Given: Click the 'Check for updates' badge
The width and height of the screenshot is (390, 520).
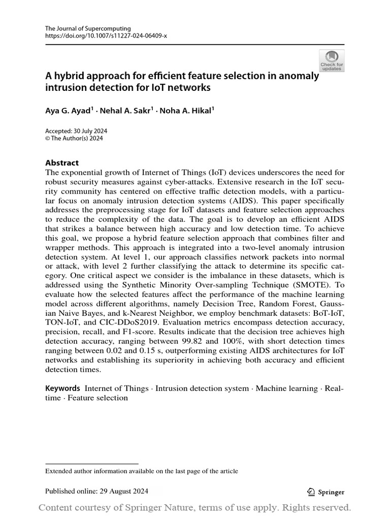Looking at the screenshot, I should coord(332,60).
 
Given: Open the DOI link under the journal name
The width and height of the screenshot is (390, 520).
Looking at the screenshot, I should coord(106,37).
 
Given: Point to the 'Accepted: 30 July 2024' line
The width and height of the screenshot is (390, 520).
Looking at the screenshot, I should coord(76,131).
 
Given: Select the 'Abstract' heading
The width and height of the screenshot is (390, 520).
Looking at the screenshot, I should coord(62,163).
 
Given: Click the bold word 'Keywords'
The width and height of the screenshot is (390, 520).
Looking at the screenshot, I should coord(63,388).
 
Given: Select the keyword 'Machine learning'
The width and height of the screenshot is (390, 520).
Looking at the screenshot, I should coord(286,388).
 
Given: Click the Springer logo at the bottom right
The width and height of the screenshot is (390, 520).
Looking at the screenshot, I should coord(326,492).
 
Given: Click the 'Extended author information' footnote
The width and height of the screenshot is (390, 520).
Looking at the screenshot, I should coord(142,471).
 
